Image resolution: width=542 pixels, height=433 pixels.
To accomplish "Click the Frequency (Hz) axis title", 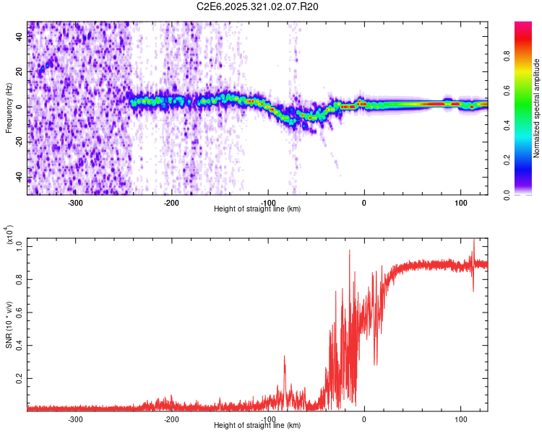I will pos(9,108).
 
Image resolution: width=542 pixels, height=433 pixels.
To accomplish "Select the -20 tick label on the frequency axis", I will pos(19,143).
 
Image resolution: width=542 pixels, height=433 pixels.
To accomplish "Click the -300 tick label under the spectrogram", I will pos(76,203).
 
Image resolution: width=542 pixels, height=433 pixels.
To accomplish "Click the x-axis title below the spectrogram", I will pos(257,209).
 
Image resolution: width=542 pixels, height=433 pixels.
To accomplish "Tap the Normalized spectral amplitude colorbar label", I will pos(537,108).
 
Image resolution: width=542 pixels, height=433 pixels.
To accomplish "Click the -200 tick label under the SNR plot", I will pos(171,419).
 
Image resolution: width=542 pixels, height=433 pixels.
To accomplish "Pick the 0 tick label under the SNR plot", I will pos(364,419).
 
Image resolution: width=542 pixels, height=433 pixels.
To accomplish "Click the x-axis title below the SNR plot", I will pos(257,426).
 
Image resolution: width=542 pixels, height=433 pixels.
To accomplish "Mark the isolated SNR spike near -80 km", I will pos(285,357).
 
